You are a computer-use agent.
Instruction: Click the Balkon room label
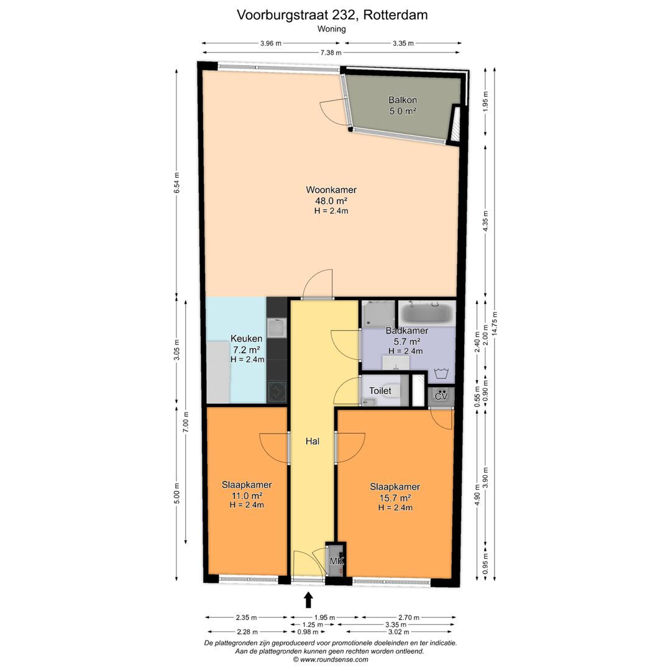point(402,100)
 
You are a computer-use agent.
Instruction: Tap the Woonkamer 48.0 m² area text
point(331,201)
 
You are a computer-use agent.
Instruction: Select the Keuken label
point(246,339)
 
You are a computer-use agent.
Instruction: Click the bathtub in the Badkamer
point(426,313)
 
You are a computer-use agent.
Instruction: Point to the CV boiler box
point(441,396)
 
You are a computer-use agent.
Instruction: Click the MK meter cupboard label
point(336,562)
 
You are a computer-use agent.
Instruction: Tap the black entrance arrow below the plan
point(308,600)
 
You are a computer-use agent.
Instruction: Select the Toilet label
point(380,391)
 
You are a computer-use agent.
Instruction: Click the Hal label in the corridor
point(312,442)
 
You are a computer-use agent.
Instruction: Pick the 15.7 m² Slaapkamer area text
point(395,498)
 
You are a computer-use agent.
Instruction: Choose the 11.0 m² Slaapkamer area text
point(247,495)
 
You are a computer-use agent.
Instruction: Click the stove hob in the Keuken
point(276,391)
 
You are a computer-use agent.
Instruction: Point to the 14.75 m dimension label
point(495,322)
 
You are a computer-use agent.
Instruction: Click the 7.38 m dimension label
point(331,53)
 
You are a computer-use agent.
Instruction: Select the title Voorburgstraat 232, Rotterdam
point(332,15)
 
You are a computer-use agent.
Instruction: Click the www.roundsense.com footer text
point(331,659)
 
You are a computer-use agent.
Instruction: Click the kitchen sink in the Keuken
point(276,327)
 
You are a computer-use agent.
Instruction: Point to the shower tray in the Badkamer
point(378,313)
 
